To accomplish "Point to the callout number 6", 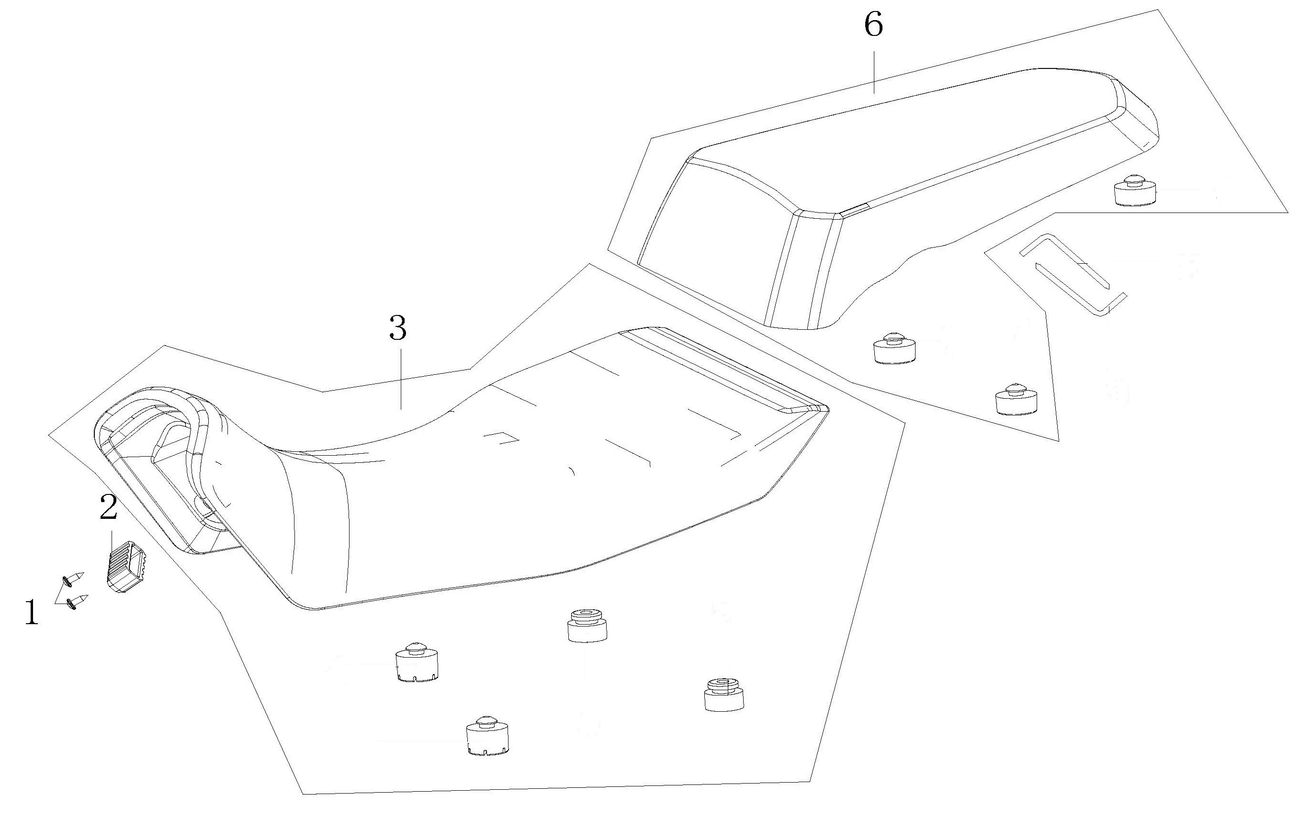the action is (873, 25).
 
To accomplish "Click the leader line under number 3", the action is (401, 378).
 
